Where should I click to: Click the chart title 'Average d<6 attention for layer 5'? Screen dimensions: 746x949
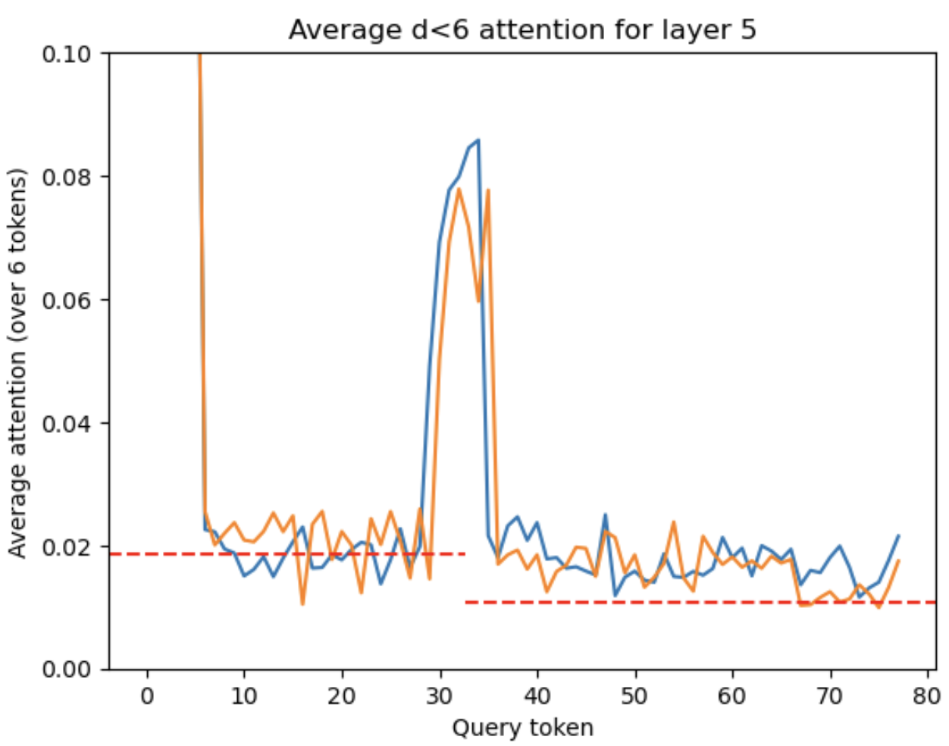tap(522, 30)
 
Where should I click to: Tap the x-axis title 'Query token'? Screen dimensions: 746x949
tap(522, 729)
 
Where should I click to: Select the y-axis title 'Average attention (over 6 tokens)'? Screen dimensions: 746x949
tap(17, 362)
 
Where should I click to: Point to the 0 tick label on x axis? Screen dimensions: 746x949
tap(147, 696)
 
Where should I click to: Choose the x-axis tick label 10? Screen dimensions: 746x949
tap(244, 696)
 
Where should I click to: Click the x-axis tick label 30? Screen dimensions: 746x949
tap(440, 696)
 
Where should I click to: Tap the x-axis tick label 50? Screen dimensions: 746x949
tap(634, 696)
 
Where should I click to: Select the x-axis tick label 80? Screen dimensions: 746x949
tap(926, 696)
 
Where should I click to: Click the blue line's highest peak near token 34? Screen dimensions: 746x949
tap(478, 139)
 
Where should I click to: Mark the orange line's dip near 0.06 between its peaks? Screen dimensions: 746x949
tap(478, 302)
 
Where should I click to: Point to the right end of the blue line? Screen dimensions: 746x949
tap(898, 536)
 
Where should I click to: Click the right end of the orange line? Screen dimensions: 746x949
tap(898, 561)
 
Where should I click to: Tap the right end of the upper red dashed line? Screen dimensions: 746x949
tap(465, 554)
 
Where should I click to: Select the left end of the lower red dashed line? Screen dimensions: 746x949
tap(465, 602)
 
